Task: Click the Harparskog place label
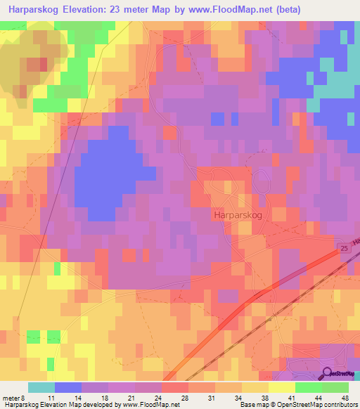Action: tap(236, 217)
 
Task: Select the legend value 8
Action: tap(25, 398)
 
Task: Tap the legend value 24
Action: tap(161, 398)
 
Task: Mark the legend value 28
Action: tap(188, 398)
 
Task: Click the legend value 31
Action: tap(214, 398)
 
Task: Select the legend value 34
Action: tap(241, 398)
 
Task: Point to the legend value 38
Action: tap(268, 398)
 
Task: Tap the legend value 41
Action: tap(295, 398)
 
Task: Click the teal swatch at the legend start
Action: tap(41, 387)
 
